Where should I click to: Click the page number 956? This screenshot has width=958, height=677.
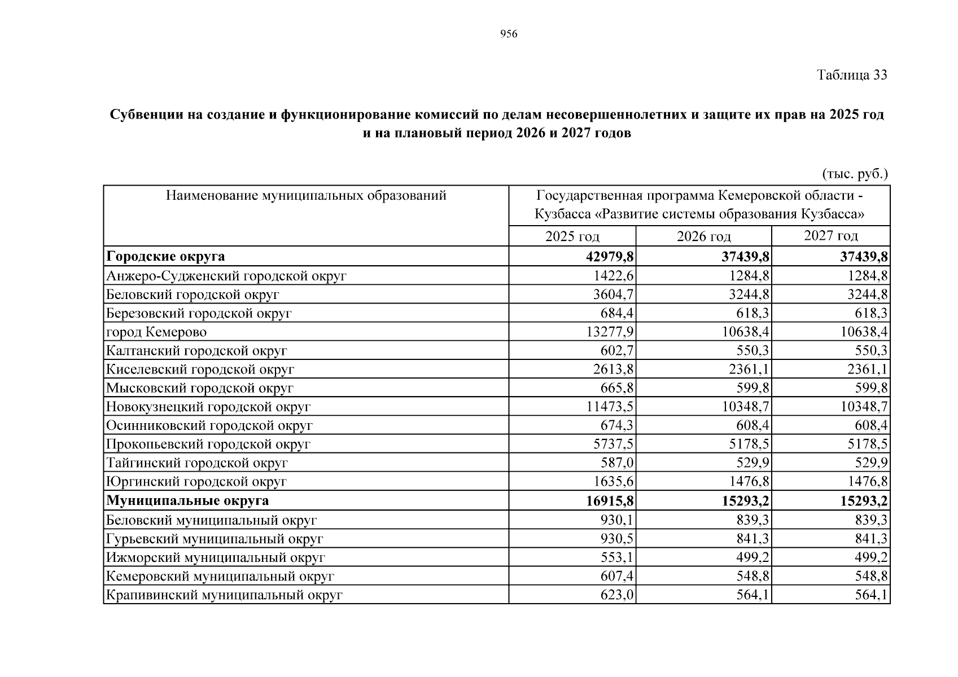509,35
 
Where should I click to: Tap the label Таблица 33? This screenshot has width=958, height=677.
852,75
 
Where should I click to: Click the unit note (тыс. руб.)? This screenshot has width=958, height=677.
855,174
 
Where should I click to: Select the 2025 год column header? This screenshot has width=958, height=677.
572,236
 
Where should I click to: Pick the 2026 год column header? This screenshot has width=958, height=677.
703,236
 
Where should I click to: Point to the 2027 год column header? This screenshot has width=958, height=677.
830,235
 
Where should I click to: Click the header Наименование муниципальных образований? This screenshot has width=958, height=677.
306,196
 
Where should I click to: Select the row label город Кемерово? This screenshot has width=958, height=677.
156,332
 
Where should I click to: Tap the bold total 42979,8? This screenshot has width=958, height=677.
610,257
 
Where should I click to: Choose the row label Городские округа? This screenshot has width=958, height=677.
165,257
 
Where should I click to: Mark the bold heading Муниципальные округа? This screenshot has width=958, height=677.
187,501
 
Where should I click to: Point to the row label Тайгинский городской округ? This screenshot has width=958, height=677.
197,463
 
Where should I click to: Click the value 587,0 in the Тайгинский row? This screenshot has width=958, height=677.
617,463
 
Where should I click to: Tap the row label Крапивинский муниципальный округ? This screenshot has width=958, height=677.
224,595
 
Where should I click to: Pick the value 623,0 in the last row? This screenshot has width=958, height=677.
617,595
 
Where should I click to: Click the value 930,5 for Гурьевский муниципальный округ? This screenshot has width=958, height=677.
617,539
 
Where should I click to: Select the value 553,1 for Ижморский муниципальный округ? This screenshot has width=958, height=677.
617,557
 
